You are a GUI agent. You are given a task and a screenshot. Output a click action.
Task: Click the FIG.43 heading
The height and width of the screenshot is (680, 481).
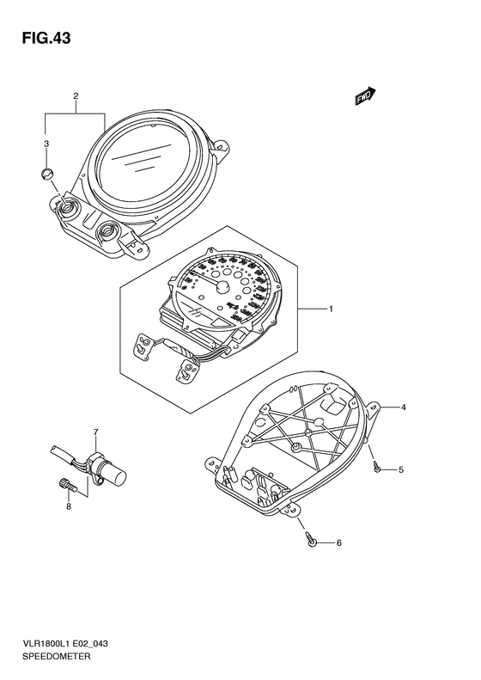click(46, 38)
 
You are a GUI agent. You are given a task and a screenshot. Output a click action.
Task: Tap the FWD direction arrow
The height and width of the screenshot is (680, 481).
click(365, 96)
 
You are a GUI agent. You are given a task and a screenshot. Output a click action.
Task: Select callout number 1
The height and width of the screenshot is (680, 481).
click(331, 309)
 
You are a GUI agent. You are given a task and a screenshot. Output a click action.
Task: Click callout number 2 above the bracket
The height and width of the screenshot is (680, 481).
click(76, 96)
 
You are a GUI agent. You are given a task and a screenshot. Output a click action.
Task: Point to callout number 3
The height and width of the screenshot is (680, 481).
click(46, 144)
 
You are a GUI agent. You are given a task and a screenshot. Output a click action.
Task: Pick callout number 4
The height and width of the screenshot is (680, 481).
click(403, 407)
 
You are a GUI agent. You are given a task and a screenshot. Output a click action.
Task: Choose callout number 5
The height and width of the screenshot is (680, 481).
click(401, 469)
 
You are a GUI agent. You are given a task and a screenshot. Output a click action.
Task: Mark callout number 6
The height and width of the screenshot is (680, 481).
click(339, 542)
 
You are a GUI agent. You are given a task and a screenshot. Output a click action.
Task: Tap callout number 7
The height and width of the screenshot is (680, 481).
click(95, 432)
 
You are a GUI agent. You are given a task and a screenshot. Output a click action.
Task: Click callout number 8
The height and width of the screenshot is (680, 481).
click(69, 506)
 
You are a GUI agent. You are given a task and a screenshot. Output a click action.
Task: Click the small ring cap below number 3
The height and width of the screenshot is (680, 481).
click(46, 174)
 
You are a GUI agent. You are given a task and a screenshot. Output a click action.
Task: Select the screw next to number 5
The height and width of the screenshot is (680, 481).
click(377, 468)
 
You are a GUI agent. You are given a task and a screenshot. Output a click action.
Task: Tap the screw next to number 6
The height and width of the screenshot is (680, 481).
click(311, 538)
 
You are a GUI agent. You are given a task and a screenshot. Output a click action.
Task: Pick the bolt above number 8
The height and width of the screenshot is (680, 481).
click(67, 484)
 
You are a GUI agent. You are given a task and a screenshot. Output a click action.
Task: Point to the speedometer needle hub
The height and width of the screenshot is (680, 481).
click(222, 285)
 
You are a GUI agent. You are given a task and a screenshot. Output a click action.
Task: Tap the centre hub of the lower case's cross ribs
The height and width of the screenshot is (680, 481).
click(307, 432)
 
